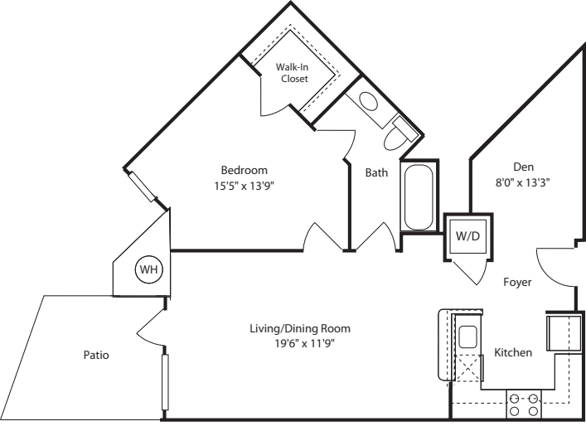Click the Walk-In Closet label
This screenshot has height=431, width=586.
[293, 73]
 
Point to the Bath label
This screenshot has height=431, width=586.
[376, 172]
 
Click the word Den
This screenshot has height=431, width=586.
[522, 165]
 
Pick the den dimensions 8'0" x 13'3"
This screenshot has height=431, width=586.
[522, 179]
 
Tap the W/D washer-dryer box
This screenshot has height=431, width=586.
[467, 235]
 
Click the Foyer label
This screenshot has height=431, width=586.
[517, 282]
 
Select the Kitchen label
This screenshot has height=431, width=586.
[513, 353]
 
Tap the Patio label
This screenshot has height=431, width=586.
[95, 355]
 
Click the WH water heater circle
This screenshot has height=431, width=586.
[148, 269]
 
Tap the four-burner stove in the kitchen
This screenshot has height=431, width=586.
[524, 404]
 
